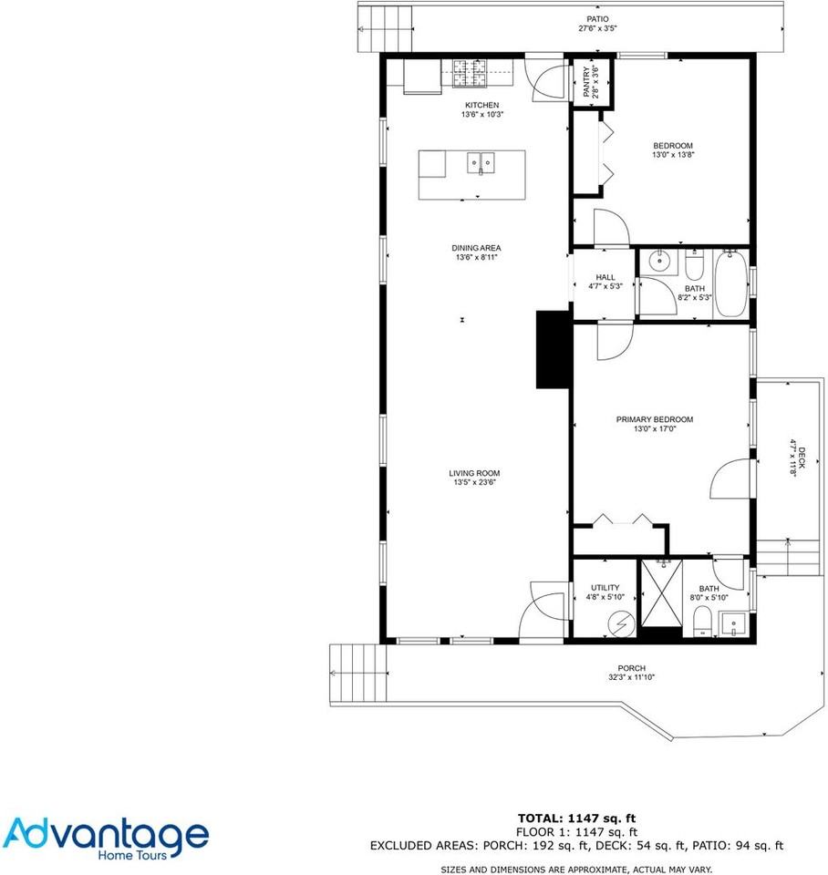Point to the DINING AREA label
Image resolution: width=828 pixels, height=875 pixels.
coord(477,248)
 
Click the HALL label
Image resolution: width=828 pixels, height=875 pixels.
coord(605,278)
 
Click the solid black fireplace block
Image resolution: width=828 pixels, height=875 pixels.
coord(553,351)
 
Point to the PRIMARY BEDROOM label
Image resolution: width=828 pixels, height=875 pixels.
coord(654,420)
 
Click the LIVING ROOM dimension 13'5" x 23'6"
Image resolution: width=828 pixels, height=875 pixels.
coord(474,483)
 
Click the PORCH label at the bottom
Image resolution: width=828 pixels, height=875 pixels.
coord(631,668)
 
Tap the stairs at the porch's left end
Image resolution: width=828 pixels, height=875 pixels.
coord(352,673)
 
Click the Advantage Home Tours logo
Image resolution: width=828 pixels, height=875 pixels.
coord(106,837)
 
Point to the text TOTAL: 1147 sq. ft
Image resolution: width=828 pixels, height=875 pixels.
coord(575,818)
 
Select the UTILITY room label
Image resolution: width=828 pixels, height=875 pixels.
coord(605,588)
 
